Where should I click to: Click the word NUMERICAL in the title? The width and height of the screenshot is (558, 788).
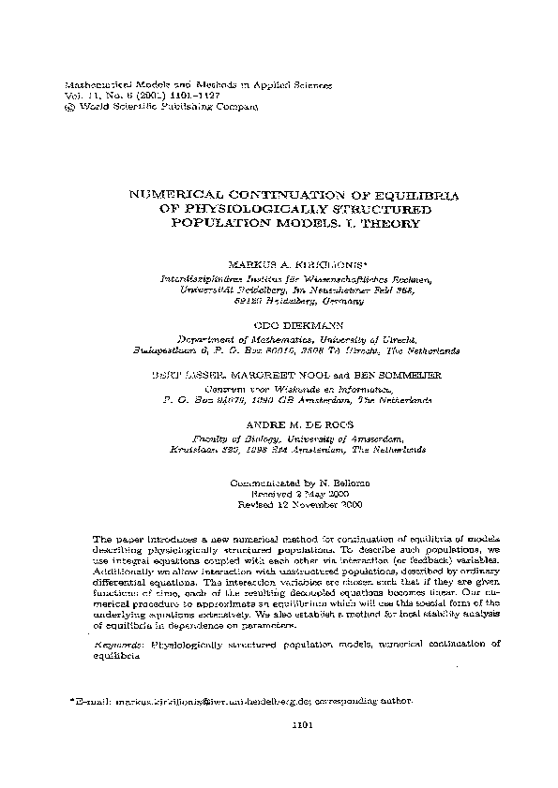[x=184, y=194]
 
